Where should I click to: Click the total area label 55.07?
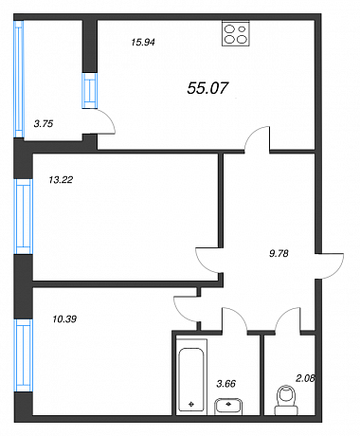207,88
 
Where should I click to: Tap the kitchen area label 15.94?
143,42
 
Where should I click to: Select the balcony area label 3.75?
44,123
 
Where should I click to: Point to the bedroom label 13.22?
61,180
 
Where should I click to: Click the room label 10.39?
64,319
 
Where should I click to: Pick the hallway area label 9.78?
279,253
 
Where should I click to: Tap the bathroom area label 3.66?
226,384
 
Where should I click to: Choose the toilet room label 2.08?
305,378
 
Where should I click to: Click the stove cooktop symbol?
236,33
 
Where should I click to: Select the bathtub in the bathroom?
191,375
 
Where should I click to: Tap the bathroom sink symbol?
228,406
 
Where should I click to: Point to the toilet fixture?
286,400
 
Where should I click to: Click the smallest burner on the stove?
243,29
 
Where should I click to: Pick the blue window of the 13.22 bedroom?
24,217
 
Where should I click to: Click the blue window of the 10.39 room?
24,355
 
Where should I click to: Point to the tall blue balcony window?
19,79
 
